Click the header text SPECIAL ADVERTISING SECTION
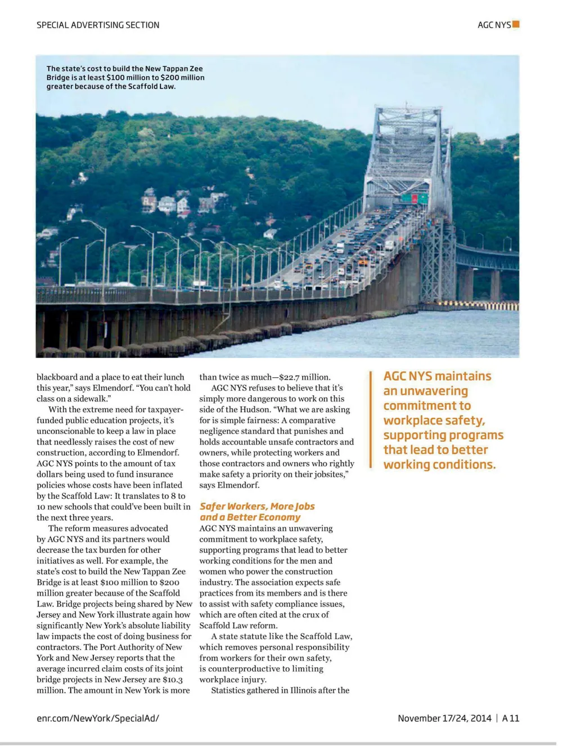click(98, 25)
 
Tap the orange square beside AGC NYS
click(516, 24)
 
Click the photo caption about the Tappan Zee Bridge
click(125, 78)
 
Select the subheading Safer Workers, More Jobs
click(257, 506)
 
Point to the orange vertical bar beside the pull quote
click(371, 419)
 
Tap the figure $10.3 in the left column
click(172, 680)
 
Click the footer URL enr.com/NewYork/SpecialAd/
click(98, 718)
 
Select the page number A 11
click(511, 718)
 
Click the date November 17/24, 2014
click(444, 718)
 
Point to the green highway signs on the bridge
click(415, 198)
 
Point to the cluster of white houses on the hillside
click(168, 203)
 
